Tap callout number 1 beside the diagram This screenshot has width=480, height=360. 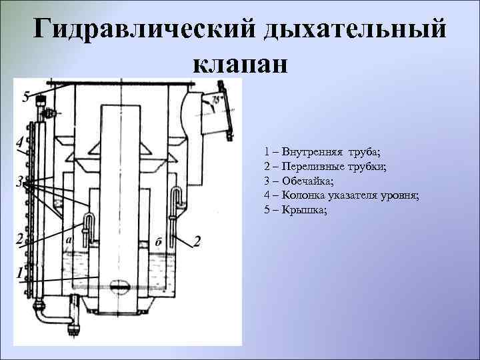(x=19, y=273)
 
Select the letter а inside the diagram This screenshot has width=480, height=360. (x=69, y=238)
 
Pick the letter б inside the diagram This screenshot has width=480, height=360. (x=157, y=241)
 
